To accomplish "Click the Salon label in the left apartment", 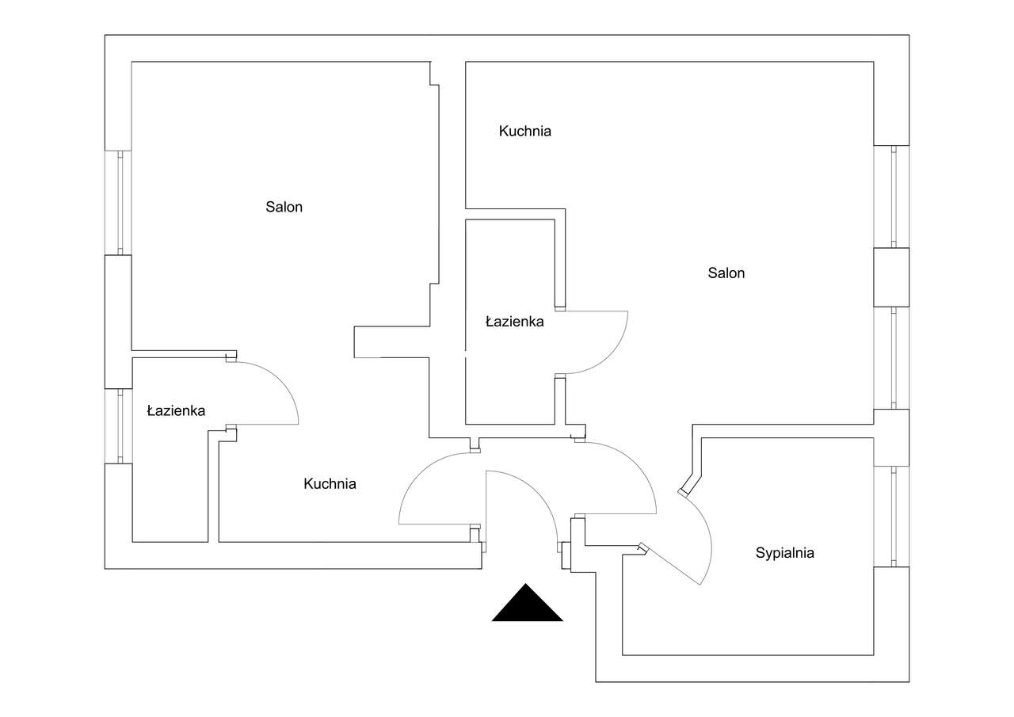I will pyautogui.click(x=284, y=208).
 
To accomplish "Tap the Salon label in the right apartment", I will pyautogui.click(x=726, y=273).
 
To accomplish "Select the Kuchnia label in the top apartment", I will pyautogui.click(x=524, y=132).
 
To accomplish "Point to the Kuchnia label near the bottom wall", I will pyautogui.click(x=330, y=484).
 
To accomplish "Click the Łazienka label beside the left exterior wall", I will pyautogui.click(x=176, y=411).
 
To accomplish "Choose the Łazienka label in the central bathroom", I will pyautogui.click(x=514, y=322).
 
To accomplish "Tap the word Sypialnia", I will pyautogui.click(x=784, y=554).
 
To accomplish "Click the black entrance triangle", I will pyautogui.click(x=527, y=604).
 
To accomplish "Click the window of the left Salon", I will pyautogui.click(x=120, y=202).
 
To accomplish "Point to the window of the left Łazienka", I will pyautogui.click(x=120, y=425).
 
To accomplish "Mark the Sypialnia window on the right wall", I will pyautogui.click(x=892, y=516).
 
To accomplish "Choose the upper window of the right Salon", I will pyautogui.click(x=892, y=196).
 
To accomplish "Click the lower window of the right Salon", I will pyautogui.click(x=892, y=357).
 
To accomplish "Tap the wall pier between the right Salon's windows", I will pyautogui.click(x=891, y=277).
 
